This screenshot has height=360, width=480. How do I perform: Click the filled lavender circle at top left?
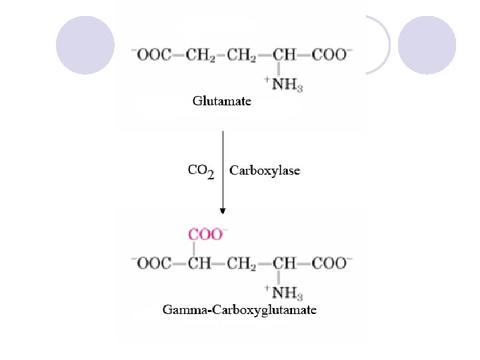tap(85, 45)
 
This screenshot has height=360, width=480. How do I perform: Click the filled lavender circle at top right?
tap(427, 45)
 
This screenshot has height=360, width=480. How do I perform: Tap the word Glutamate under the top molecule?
tap(222, 101)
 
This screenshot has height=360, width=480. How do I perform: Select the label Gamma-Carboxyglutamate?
tap(240, 310)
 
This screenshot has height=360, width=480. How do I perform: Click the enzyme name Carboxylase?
tap(265, 171)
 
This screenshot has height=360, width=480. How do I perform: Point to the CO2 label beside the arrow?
tap(201, 171)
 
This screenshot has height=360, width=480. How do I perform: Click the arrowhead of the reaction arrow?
tap(223, 211)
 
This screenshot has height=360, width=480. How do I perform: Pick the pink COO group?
tap(206, 234)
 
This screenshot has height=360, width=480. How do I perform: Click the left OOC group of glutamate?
tap(151, 55)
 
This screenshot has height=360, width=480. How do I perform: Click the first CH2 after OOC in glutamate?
tap(203, 55)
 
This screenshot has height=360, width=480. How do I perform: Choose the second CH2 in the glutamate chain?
tap(243, 55)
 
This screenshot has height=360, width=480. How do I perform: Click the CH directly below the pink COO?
tap(199, 263)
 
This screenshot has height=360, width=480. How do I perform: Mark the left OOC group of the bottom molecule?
tap(151, 263)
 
